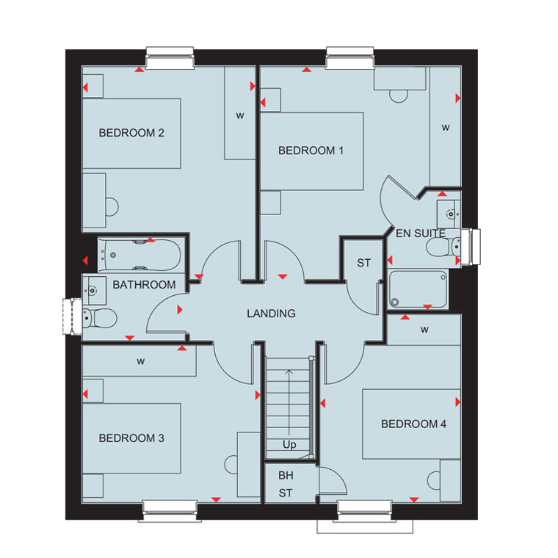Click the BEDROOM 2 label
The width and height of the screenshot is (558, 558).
tap(131, 133)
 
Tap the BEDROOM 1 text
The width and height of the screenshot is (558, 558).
tap(311, 151)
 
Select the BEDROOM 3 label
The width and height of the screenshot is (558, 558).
tap(131, 438)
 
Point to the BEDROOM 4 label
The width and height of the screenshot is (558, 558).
tap(413, 424)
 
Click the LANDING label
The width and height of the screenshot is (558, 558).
tap(271, 314)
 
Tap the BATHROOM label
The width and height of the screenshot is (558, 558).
tap(144, 285)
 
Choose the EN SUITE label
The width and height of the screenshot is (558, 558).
tap(421, 233)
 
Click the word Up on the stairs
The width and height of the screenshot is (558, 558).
tap(289, 445)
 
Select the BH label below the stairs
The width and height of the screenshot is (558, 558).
tap(286, 476)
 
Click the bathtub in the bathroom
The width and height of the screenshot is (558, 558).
tap(139, 256)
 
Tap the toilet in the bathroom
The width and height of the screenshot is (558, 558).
tap(100, 317)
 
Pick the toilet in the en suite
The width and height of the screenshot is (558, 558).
tap(443, 246)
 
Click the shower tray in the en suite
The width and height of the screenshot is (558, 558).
tap(418, 289)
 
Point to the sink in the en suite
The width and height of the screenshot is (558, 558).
tap(449, 214)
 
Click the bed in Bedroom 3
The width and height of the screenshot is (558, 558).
tap(131, 438)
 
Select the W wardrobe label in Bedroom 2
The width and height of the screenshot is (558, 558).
tap(240, 116)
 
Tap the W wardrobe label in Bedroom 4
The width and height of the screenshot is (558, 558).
tap(424, 330)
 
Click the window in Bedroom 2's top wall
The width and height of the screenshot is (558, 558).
tap(170, 58)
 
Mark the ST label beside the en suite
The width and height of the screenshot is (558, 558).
tap(363, 263)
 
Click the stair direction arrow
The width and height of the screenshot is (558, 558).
tap(289, 402)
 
